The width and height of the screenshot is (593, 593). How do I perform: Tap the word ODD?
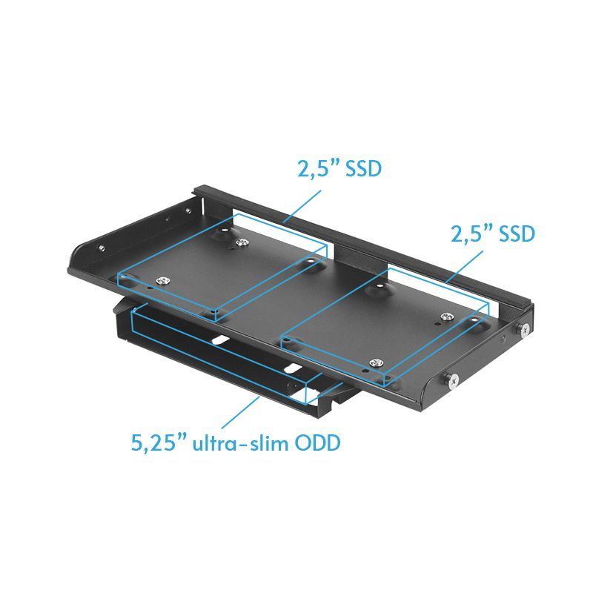coord(315,444)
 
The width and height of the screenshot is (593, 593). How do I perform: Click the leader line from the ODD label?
coord(245,412)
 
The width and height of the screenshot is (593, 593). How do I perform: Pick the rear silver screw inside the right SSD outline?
coord(445,317)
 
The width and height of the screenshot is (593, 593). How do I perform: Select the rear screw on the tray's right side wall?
coord(525,328)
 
